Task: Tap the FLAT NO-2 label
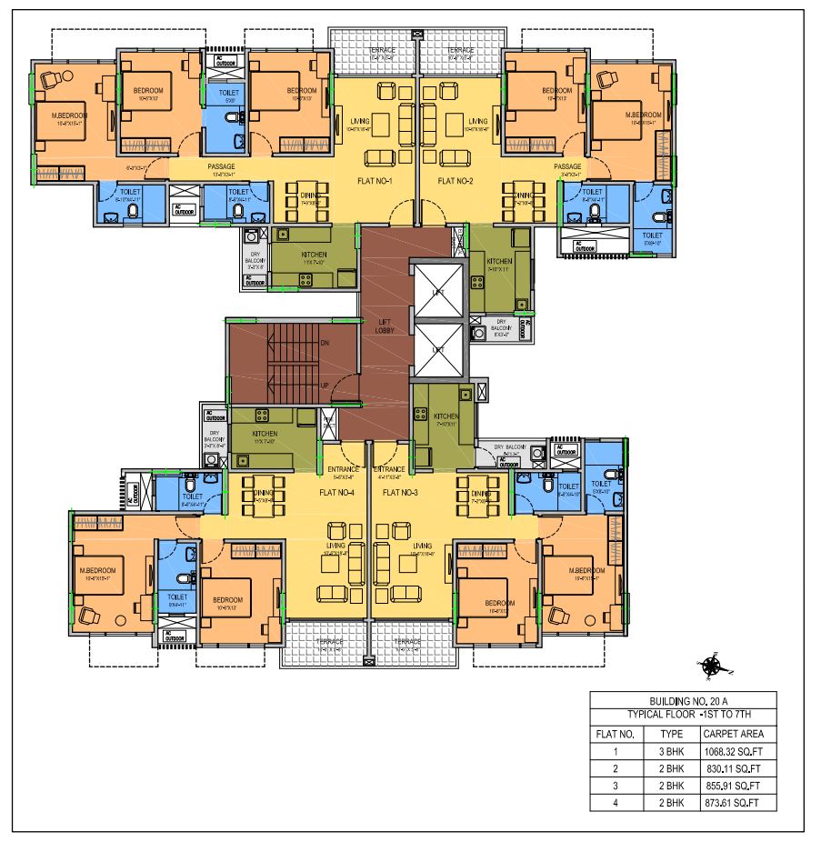tap(457, 180)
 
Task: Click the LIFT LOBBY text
tap(385, 326)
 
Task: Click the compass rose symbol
tap(712, 666)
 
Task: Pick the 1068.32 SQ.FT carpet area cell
tap(736, 751)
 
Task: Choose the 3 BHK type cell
tap(671, 751)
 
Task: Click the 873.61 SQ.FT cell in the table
tap(736, 803)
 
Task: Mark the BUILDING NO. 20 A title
tap(683, 700)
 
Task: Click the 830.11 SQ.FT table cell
tap(736, 768)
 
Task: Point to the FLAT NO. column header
tap(615, 733)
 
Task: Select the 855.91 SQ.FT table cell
tap(736, 786)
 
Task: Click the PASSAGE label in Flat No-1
tap(222, 167)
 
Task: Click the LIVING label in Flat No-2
tap(478, 120)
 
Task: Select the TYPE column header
tap(671, 733)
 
